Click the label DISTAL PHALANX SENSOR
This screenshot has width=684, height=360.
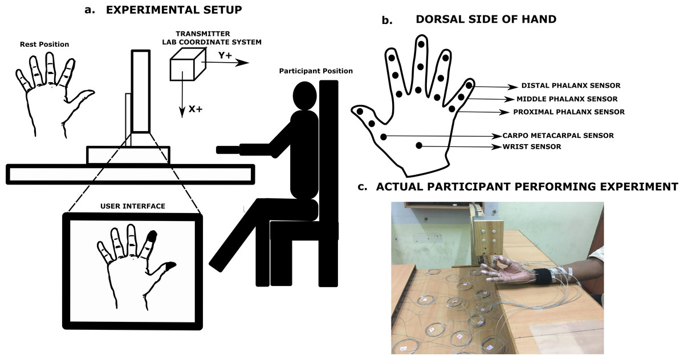click(571, 86)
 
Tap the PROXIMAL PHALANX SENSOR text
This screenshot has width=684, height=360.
click(569, 112)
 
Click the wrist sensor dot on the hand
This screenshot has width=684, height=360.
click(419, 146)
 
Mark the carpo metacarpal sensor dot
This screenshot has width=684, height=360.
click(384, 136)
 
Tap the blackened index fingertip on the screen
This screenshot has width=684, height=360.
click(152, 235)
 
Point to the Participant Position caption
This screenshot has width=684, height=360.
click(316, 71)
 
